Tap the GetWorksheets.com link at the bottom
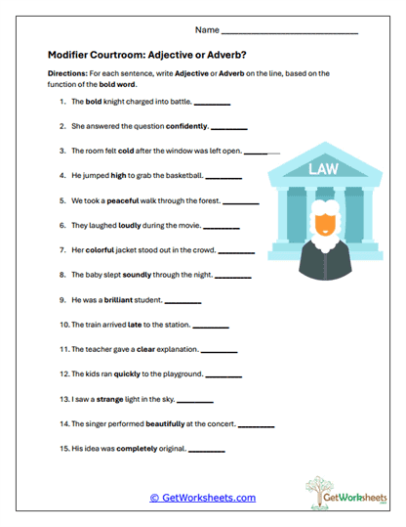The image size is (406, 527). click(202, 498)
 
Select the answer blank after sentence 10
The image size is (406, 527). click(212, 326)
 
